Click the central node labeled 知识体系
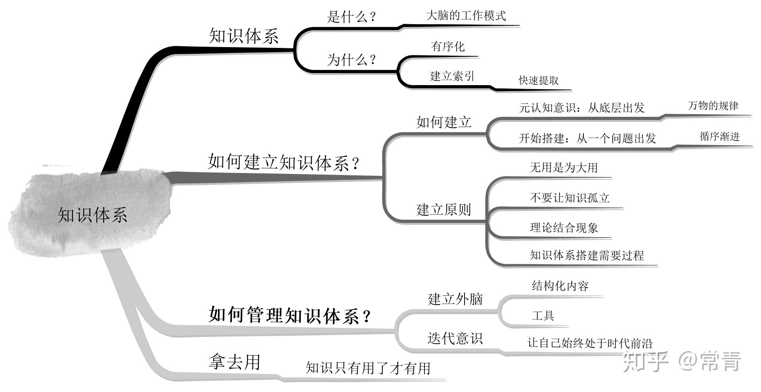(92, 215)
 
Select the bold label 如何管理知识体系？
(290, 316)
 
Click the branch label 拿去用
(234, 362)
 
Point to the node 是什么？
(351, 17)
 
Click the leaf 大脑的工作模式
(466, 16)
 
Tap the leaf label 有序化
(448, 47)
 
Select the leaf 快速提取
(539, 80)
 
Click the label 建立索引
(452, 76)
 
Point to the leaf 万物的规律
(713, 106)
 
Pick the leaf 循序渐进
(719, 137)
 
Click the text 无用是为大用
(564, 167)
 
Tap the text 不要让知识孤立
(570, 198)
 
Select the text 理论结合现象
(564, 228)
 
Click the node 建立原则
(444, 209)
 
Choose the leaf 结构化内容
(560, 286)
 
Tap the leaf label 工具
(543, 316)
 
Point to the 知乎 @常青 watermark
(682, 361)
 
